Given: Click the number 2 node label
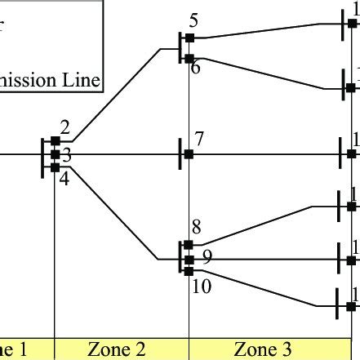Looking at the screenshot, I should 65,128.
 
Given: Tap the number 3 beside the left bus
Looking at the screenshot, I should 67,154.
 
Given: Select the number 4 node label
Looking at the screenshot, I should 64,175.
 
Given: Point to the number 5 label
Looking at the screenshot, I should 193,21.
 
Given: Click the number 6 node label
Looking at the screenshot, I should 196,69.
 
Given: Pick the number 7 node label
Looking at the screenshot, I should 200,139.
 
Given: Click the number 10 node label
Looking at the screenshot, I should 202,287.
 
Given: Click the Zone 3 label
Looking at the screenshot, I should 263,350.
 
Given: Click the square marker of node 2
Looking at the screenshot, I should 55,141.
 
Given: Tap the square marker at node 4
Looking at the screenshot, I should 55,167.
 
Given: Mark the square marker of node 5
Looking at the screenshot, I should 189,38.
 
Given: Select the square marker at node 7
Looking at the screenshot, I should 189,153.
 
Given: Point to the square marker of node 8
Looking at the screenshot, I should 189,244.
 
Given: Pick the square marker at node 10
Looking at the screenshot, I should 189,273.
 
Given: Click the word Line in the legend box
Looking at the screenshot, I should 82,80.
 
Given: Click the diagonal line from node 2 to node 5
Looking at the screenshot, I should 122,92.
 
